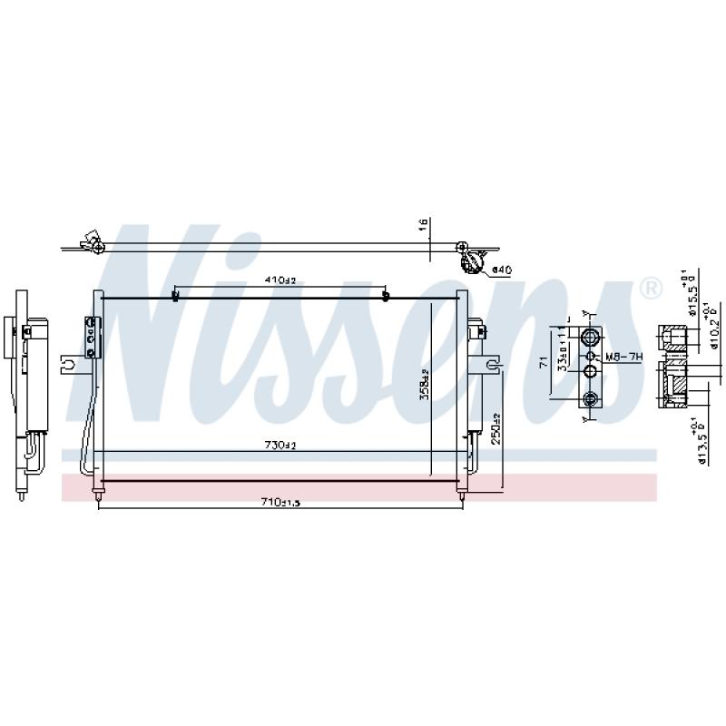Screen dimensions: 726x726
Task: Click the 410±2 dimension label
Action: (x=280, y=280)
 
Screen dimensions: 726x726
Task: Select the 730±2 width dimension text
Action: (x=280, y=445)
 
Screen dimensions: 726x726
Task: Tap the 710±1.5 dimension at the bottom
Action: (x=280, y=503)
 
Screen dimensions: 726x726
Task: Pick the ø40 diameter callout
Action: (x=503, y=270)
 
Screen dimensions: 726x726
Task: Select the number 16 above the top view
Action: (x=423, y=225)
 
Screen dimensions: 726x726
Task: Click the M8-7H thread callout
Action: (x=623, y=358)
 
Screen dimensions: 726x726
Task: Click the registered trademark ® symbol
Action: (x=651, y=289)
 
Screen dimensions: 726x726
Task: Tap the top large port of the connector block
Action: (x=591, y=338)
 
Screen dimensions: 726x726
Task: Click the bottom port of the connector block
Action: (x=591, y=398)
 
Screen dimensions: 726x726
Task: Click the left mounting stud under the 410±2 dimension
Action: (x=174, y=297)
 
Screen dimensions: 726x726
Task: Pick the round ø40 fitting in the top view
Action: (x=472, y=263)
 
